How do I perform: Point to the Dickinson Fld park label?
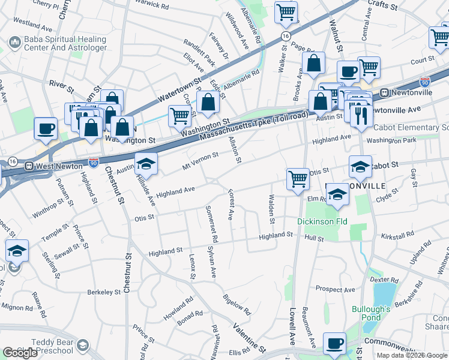tap(322, 221)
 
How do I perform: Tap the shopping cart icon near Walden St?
tap(297, 178)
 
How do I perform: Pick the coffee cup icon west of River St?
tap(46, 128)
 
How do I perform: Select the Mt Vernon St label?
tap(200, 158)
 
